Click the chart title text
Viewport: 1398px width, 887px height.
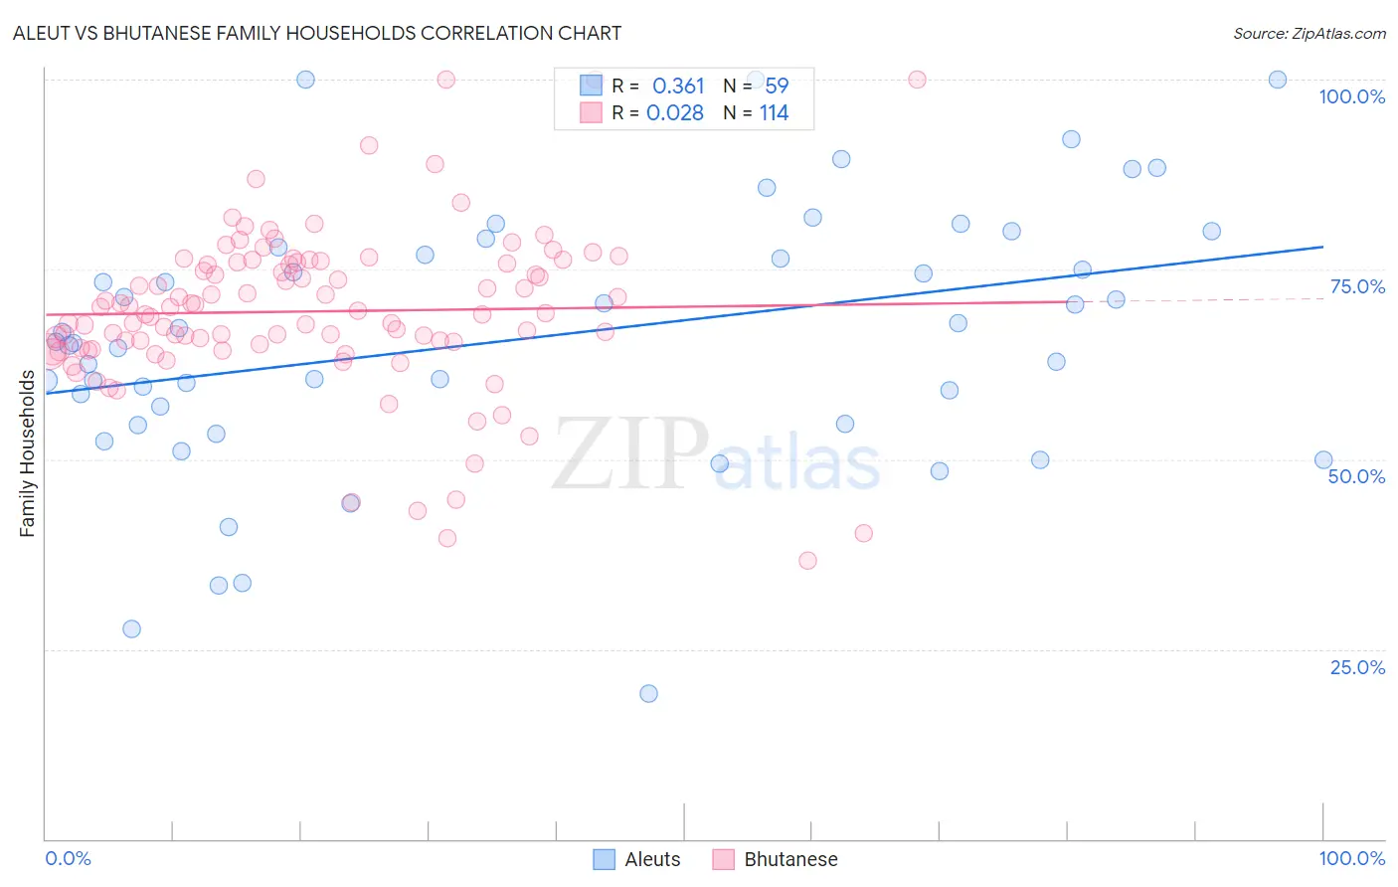click(x=317, y=33)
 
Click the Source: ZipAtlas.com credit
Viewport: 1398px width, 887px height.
click(x=1309, y=33)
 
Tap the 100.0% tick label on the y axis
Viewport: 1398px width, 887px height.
click(x=1351, y=96)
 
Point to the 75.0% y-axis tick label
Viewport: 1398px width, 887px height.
click(x=1357, y=286)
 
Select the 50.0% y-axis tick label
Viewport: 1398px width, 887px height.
click(x=1356, y=476)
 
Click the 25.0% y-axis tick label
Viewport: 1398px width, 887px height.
click(x=1357, y=667)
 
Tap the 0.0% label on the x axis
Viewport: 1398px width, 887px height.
click(x=68, y=858)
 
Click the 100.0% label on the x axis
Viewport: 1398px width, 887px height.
click(x=1351, y=858)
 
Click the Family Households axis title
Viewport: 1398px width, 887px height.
click(x=27, y=453)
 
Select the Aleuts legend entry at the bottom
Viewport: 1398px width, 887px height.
click(x=637, y=859)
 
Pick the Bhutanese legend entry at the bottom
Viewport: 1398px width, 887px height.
click(x=776, y=859)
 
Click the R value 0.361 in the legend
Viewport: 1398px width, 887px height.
click(x=678, y=87)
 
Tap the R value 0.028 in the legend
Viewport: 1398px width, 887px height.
click(x=675, y=113)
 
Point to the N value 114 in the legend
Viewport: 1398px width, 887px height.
click(x=774, y=113)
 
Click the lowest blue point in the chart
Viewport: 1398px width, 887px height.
click(x=648, y=693)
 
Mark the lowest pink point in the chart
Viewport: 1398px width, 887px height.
click(x=807, y=561)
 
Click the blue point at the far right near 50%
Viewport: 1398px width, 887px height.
click(x=1323, y=459)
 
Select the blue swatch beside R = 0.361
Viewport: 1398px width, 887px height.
click(x=591, y=86)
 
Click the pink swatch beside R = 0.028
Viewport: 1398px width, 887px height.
click(x=591, y=112)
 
